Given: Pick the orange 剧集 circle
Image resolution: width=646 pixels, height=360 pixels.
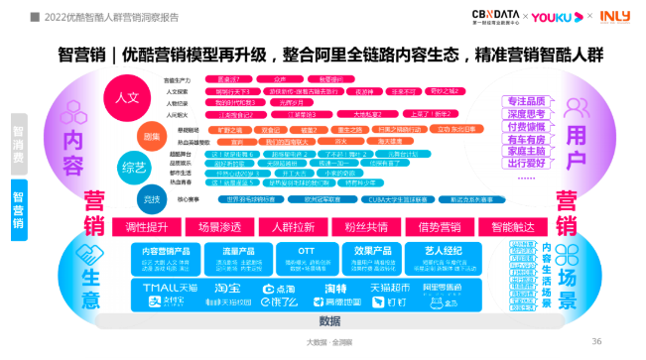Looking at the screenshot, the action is coord(152,135).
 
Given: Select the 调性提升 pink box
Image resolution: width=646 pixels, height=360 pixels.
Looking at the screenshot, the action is coord(146,226).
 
